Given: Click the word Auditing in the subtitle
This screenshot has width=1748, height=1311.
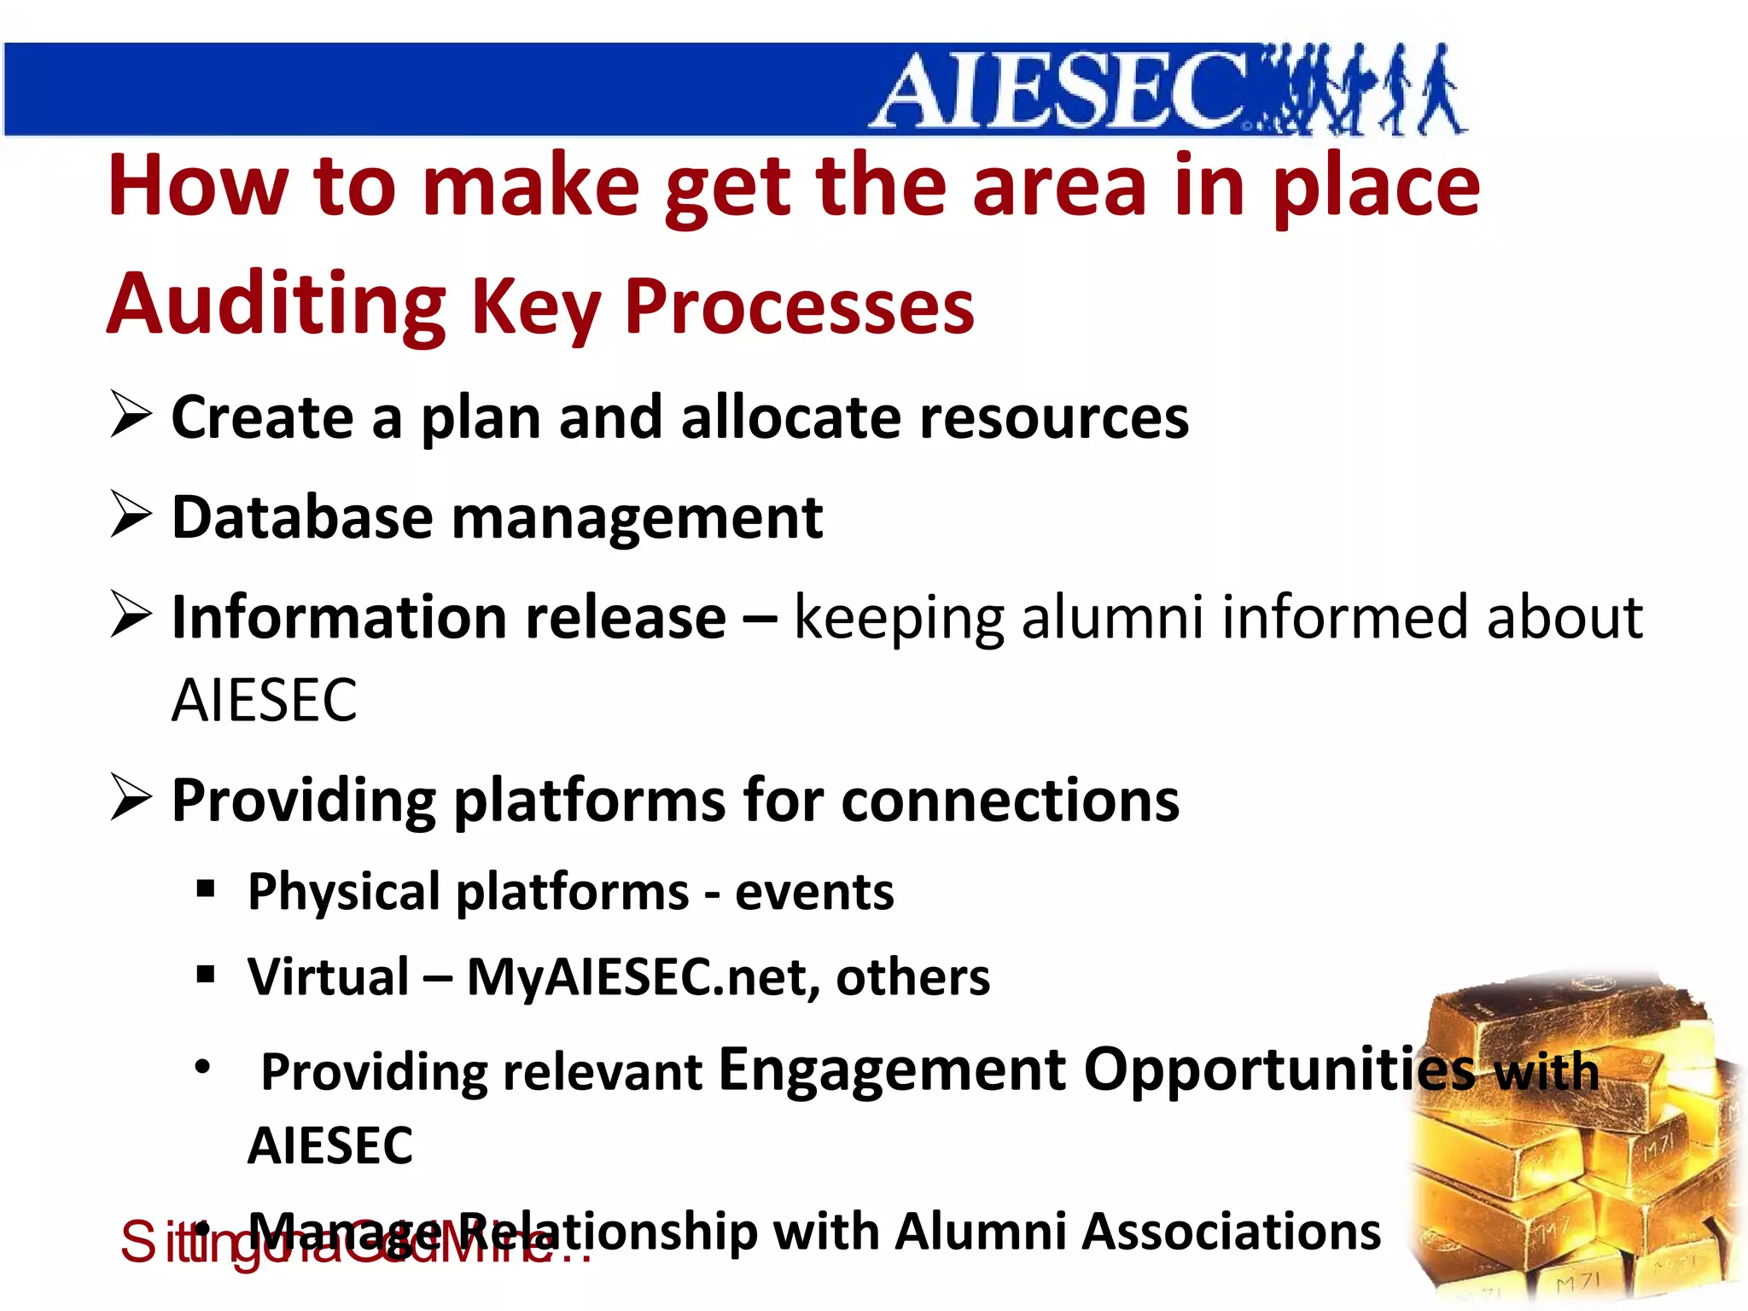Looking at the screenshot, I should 276,305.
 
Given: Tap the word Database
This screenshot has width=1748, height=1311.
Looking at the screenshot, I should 302,517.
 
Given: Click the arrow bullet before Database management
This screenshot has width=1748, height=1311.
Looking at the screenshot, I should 131,516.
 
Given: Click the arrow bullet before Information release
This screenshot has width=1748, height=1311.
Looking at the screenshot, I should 131,615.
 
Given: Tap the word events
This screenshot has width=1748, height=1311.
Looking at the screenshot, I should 814,893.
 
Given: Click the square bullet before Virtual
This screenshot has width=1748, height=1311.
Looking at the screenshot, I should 205,974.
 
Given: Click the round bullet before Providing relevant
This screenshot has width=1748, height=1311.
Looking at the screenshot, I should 202,1066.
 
